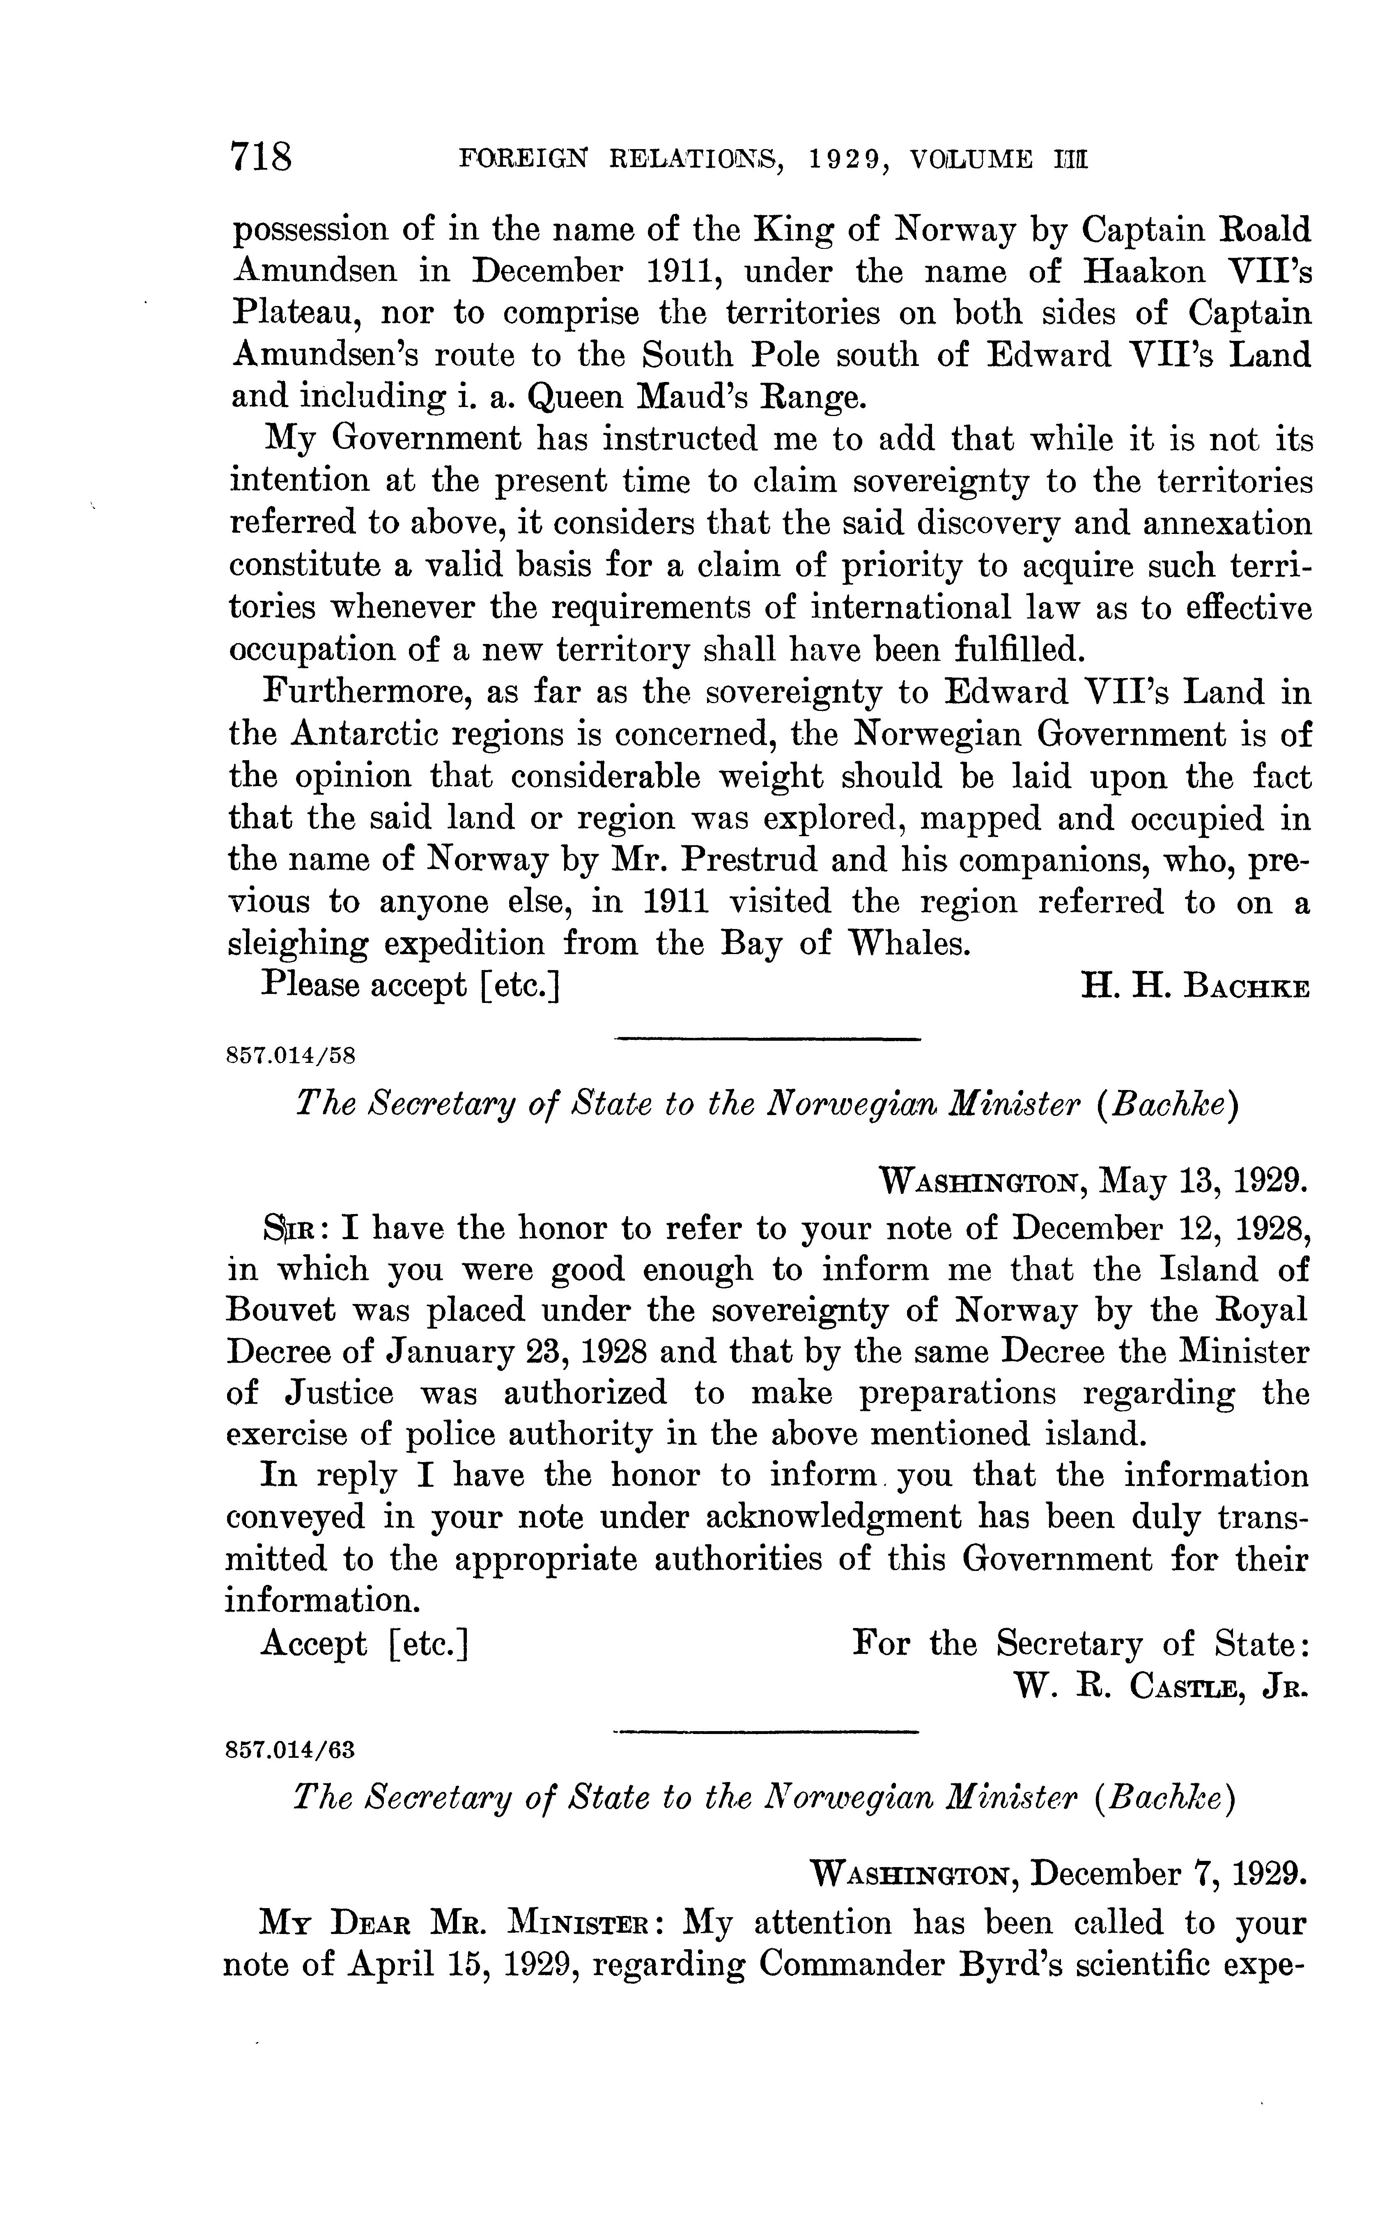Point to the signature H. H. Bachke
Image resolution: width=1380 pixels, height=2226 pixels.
(1195, 987)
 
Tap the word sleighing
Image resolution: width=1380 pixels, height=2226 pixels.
(298, 944)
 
